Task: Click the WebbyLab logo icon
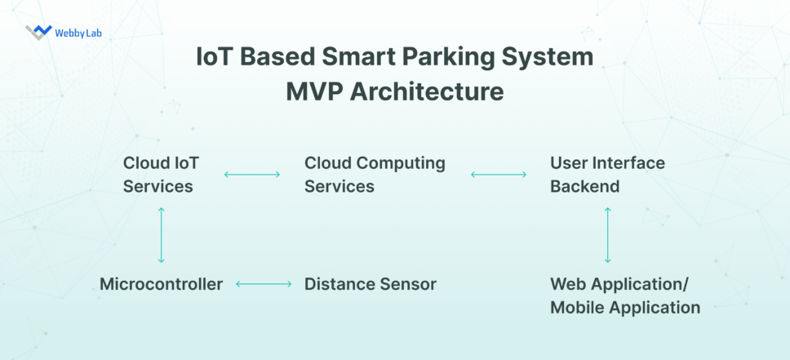tap(38, 32)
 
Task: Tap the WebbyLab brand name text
tap(78, 33)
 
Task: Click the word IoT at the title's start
tap(215, 58)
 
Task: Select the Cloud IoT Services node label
tap(160, 174)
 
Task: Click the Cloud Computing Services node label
tap(375, 174)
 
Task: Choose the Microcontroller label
tap(161, 284)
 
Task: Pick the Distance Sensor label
tap(370, 284)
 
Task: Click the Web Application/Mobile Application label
tap(624, 296)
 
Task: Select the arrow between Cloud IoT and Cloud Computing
tap(252, 174)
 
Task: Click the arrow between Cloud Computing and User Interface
tap(499, 174)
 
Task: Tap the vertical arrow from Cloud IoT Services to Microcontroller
tap(161, 234)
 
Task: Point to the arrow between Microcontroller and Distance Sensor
tap(264, 284)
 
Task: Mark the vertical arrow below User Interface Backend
tap(607, 234)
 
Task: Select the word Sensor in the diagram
tap(408, 284)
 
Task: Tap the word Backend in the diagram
tap(584, 186)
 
